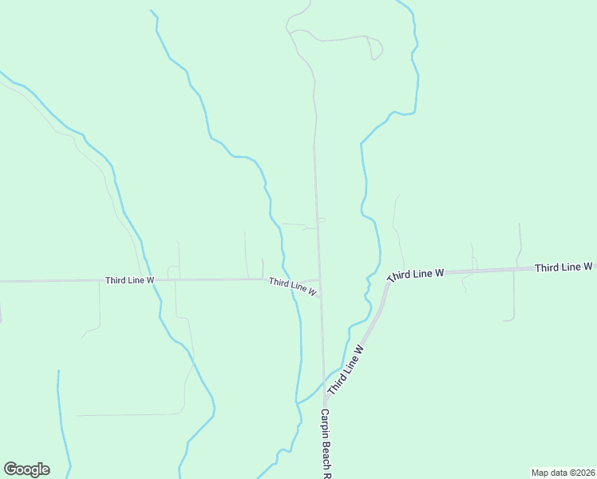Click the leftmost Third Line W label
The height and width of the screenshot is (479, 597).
(x=129, y=280)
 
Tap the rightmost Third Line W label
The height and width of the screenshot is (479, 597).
(x=564, y=267)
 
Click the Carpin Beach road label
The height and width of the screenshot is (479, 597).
(x=326, y=443)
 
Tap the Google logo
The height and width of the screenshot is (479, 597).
(x=26, y=469)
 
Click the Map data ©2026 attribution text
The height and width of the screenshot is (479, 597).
(x=563, y=473)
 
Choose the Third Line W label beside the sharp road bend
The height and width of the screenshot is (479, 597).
(x=415, y=274)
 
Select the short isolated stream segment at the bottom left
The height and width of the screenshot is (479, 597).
(x=62, y=423)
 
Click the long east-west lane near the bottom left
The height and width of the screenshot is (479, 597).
(x=128, y=414)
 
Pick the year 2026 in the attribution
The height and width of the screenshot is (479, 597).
(x=584, y=473)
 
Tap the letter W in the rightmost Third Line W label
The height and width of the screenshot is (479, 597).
(x=587, y=266)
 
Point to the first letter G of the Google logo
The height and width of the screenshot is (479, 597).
(x=10, y=469)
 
